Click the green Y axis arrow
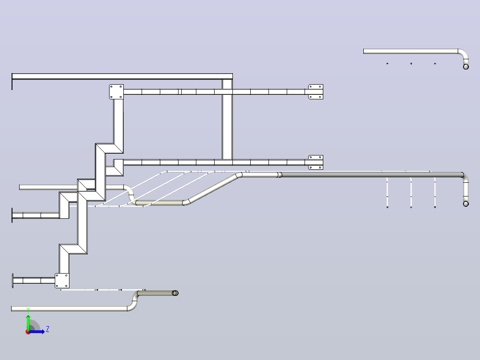(28, 322)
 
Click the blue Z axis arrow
(37, 331)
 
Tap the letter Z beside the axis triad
(48, 329)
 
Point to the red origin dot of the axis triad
(28, 332)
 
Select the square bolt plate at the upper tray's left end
(116, 92)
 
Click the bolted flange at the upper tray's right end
(316, 92)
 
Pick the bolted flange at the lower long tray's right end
(316, 162)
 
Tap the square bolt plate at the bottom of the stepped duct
(62, 281)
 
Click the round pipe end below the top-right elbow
(466, 67)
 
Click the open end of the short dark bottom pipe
(175, 293)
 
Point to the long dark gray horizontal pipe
(372, 175)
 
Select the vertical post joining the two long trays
(227, 119)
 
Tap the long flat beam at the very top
(122, 76)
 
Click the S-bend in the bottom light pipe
(134, 301)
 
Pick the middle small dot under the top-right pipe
(411, 63)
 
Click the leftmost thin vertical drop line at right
(387, 192)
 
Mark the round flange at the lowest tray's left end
(12, 281)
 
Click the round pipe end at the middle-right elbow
(466, 204)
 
